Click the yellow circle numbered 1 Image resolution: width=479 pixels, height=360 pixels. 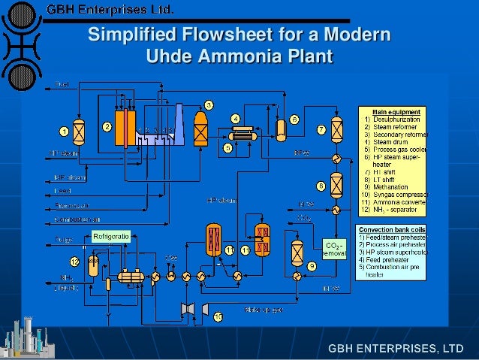click(65, 131)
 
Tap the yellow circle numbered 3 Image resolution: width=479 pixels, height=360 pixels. click(209, 104)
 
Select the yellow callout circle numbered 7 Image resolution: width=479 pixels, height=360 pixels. click(321, 129)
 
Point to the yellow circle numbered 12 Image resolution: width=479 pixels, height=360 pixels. click(74, 262)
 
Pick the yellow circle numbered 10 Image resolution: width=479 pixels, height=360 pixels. click(218, 317)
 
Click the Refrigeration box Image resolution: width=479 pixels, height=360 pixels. click(112, 236)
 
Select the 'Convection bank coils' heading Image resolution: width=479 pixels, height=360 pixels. click(393, 229)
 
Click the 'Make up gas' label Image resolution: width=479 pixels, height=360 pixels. click(263, 309)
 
